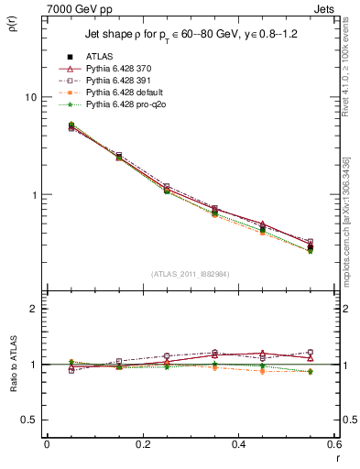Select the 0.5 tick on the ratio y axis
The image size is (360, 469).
pos(31,420)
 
